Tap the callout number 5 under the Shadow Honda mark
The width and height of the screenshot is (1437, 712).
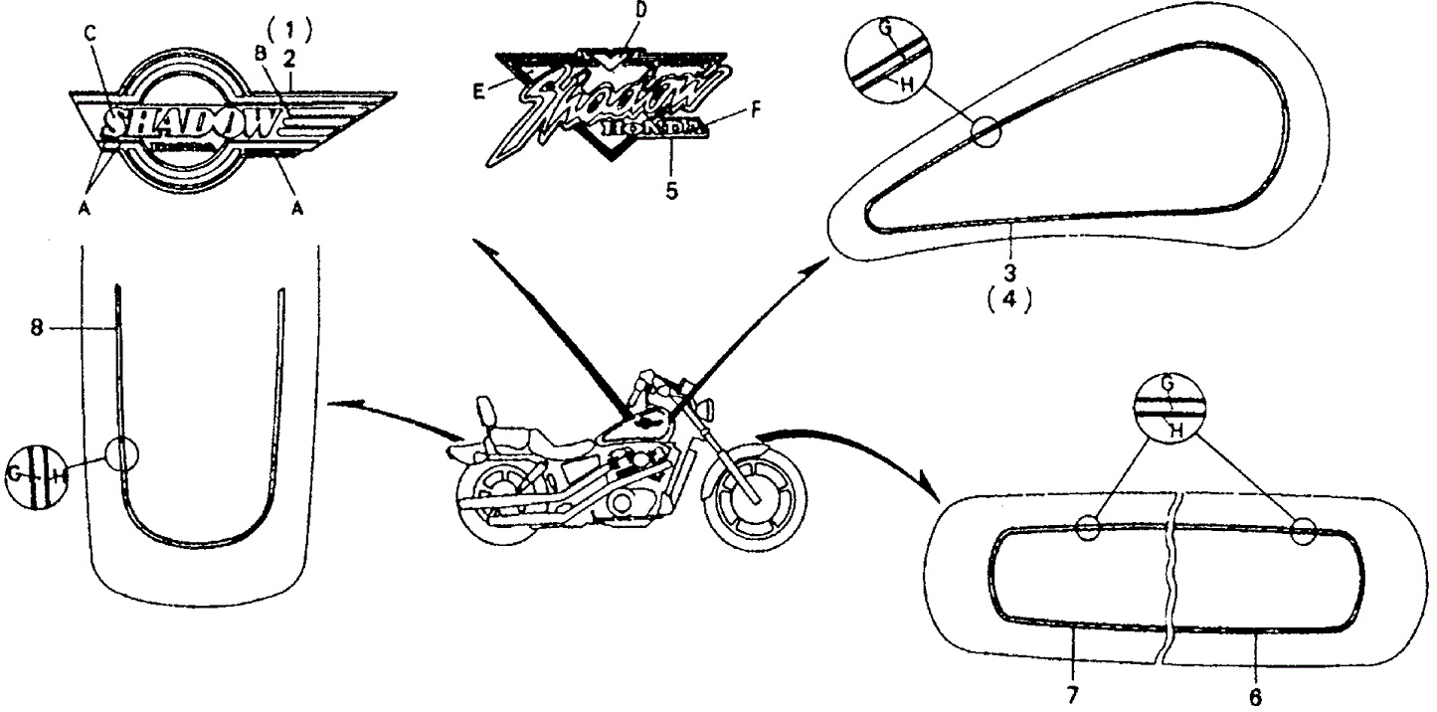tap(672, 190)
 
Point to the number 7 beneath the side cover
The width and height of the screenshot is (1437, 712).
tap(1072, 695)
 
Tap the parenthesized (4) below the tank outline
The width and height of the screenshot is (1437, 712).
tap(1010, 297)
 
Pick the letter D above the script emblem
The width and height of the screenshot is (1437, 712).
tap(640, 10)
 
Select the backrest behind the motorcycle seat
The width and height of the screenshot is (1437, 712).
tap(487, 410)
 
